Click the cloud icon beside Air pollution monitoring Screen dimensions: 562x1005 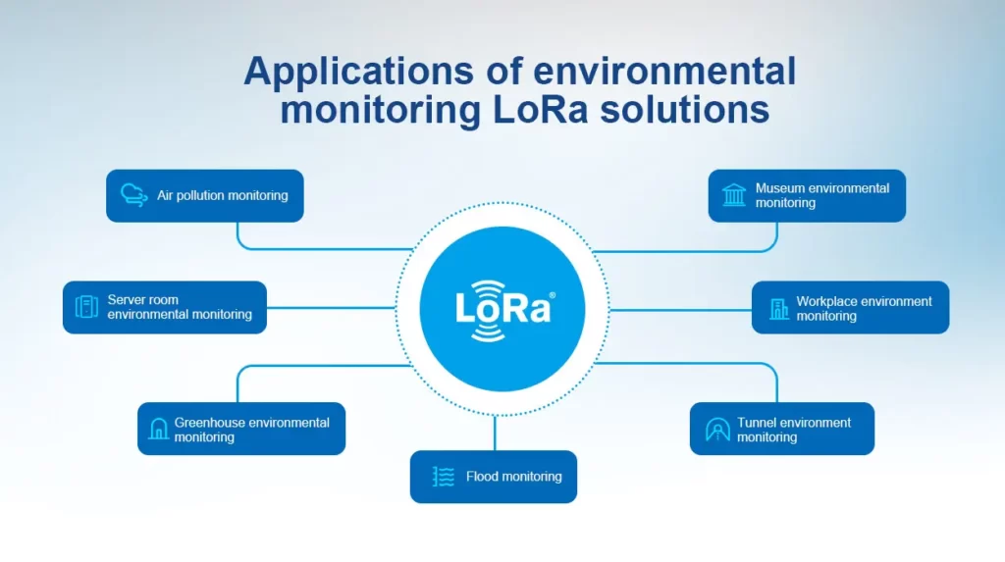(x=133, y=195)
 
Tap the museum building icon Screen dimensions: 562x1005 (x=733, y=195)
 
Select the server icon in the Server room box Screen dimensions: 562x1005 (x=86, y=307)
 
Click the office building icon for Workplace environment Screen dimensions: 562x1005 (x=779, y=308)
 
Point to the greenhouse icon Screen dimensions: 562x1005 (x=158, y=429)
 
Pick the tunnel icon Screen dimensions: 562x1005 (x=717, y=429)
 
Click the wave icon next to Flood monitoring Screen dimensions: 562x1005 (x=444, y=477)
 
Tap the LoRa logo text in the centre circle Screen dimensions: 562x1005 (x=502, y=308)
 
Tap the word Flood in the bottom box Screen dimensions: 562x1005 (x=482, y=477)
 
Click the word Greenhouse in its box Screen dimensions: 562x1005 (x=210, y=423)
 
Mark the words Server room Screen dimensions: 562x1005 (x=143, y=300)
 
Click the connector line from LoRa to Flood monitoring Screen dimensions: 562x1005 (x=495, y=433)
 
